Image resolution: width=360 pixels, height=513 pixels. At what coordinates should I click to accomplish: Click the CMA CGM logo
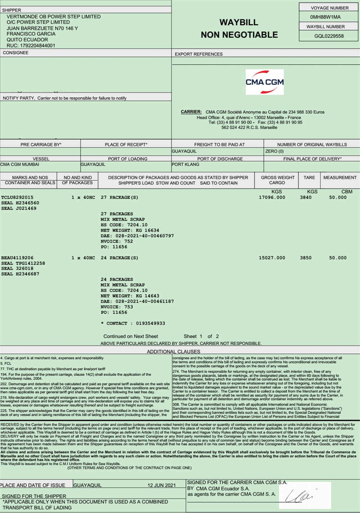click(x=265, y=82)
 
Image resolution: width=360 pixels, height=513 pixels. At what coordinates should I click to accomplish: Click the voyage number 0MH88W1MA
click(x=325, y=17)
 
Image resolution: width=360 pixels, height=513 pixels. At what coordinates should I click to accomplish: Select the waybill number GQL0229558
click(x=329, y=36)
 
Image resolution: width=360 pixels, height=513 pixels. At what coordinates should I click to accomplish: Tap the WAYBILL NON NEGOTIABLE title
click(x=239, y=28)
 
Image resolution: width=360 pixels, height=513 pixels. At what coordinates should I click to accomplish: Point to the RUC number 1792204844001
click(x=31, y=46)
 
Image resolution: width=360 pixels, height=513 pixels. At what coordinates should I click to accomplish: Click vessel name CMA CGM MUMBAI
click(x=20, y=165)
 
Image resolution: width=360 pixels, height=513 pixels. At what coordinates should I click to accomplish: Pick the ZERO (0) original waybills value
click(x=274, y=151)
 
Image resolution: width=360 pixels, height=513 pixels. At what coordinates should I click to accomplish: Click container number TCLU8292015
click(x=17, y=197)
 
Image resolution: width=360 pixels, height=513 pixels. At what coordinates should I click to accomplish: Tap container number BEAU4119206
click(x=17, y=258)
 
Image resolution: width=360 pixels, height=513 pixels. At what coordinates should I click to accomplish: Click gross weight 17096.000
click(x=272, y=197)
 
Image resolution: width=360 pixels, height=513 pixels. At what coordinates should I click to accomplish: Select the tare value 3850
click(x=306, y=258)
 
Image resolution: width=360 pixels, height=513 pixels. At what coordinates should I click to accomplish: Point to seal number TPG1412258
click(x=30, y=263)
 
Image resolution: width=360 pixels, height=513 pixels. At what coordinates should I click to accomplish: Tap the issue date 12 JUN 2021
click(x=162, y=485)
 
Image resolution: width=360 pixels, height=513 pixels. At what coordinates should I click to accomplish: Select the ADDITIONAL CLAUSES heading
click(x=173, y=351)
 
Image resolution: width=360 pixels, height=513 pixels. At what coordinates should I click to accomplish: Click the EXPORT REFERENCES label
click(x=199, y=54)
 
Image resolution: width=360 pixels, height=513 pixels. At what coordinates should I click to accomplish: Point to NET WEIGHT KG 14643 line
click(x=130, y=296)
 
